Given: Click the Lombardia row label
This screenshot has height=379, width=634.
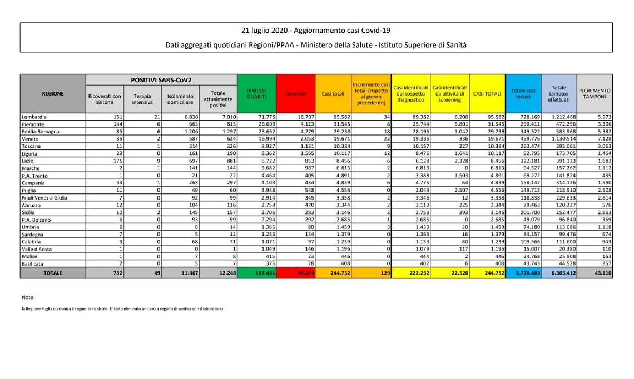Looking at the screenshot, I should (x=34, y=117).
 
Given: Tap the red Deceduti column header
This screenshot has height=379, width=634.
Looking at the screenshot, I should (x=296, y=94).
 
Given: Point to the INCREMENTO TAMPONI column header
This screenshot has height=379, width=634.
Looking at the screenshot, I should (x=594, y=93).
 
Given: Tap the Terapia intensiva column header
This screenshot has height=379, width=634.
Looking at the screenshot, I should (x=142, y=99).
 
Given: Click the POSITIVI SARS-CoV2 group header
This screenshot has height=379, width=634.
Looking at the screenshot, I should (x=161, y=80).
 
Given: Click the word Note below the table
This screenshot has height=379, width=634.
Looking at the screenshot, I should (x=28, y=297).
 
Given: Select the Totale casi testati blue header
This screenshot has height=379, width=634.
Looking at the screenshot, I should (x=523, y=93).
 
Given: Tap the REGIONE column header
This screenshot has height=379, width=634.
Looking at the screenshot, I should (x=53, y=94).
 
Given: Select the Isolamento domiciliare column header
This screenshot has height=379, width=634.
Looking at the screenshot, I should (x=180, y=99).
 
